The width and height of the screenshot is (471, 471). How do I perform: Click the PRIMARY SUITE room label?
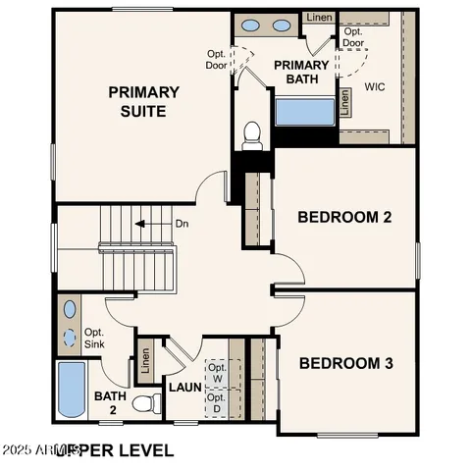(x=144, y=101)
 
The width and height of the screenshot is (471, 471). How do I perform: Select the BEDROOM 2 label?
(x=344, y=217)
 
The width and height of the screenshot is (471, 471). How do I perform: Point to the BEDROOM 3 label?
(x=345, y=363)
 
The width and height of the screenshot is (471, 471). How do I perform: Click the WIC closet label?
(x=374, y=86)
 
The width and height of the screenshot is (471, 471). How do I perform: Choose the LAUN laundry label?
(x=184, y=387)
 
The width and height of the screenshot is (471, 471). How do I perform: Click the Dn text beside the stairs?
(x=181, y=224)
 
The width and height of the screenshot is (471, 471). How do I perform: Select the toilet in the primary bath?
(x=252, y=131)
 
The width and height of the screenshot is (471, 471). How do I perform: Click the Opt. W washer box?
(x=216, y=373)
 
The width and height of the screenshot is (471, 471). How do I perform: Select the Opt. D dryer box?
(x=216, y=403)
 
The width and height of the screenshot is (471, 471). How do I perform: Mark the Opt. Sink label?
(x=94, y=339)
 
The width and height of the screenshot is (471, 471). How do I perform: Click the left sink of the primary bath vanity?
(x=251, y=26)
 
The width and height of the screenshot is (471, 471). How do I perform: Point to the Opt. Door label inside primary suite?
(x=216, y=60)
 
